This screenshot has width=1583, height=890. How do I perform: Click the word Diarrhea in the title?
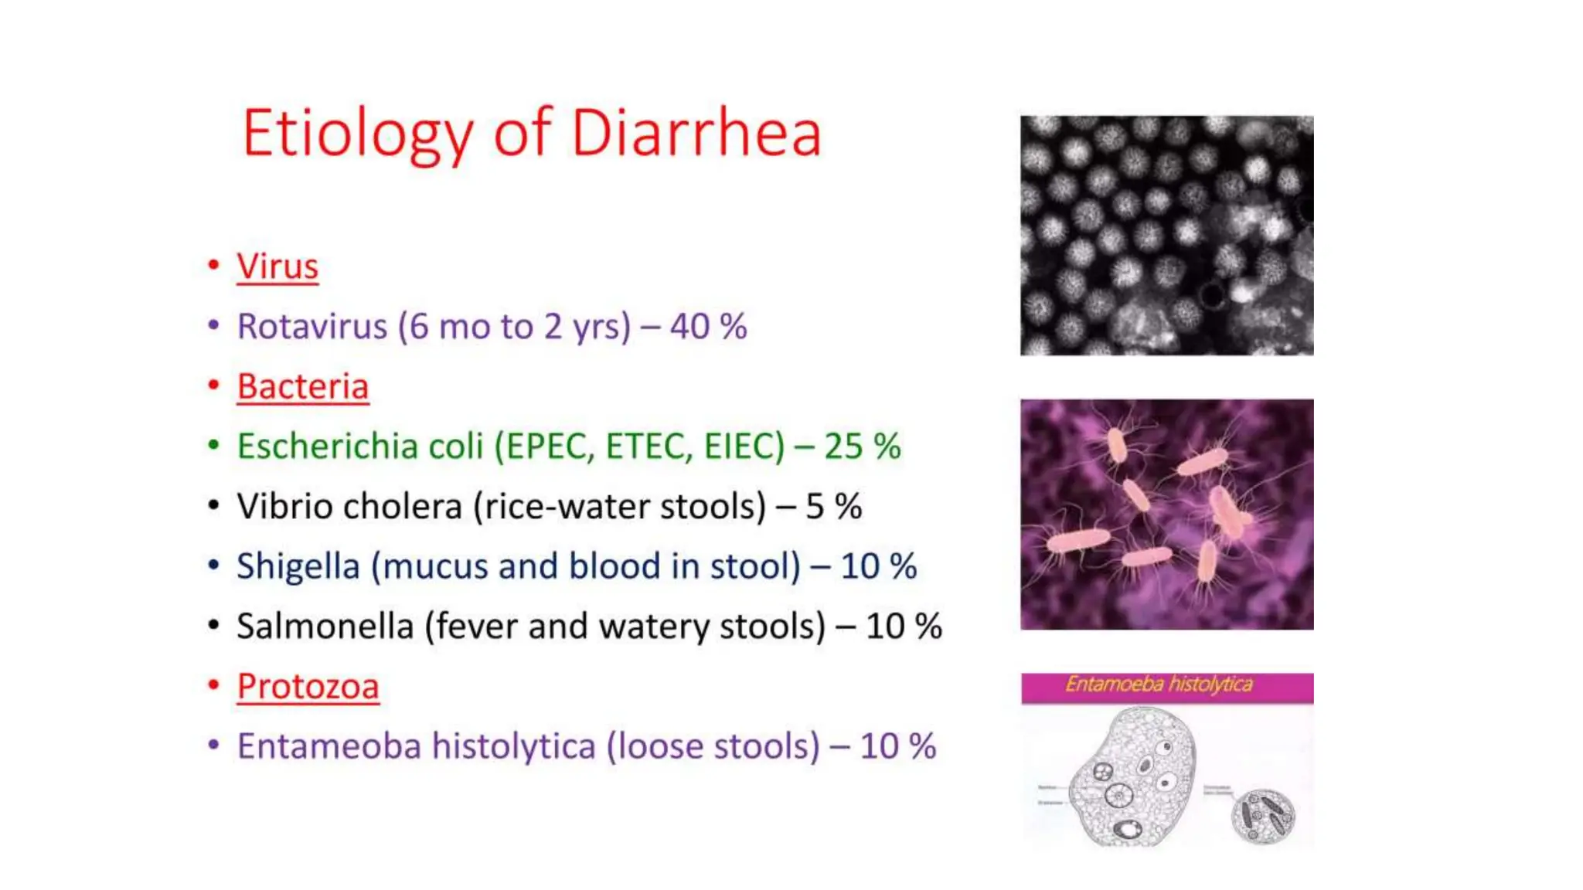point(696,134)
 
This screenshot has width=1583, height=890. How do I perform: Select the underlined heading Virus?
point(277,267)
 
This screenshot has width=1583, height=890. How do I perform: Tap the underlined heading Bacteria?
point(302,386)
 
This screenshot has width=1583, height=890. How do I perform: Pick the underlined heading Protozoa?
point(308,686)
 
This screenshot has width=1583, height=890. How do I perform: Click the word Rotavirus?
point(311,326)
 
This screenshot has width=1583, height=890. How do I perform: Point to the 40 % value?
point(708,326)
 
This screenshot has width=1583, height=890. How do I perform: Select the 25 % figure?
point(862,446)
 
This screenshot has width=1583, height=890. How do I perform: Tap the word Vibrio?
point(283,506)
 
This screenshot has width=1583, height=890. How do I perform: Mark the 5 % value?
point(833,506)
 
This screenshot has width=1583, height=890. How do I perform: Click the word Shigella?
point(298,566)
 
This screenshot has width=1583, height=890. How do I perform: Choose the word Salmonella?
point(325,626)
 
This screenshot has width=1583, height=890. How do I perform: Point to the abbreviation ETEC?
point(649,446)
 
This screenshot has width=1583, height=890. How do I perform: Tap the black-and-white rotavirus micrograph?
point(1166,236)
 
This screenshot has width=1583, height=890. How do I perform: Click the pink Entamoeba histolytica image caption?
point(1166,685)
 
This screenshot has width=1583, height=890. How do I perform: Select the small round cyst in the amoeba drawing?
point(1261,816)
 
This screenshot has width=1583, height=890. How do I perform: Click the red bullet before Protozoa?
point(213,684)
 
